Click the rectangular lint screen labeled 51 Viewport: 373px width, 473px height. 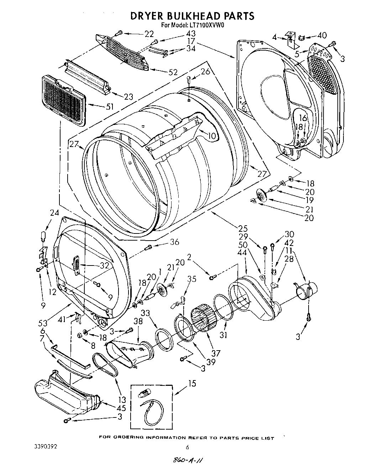point(63,100)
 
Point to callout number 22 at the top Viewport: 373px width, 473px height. point(149,34)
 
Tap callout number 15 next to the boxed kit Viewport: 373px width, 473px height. point(192,384)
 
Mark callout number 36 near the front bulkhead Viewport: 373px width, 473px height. point(174,242)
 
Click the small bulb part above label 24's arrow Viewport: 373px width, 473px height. point(44,236)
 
